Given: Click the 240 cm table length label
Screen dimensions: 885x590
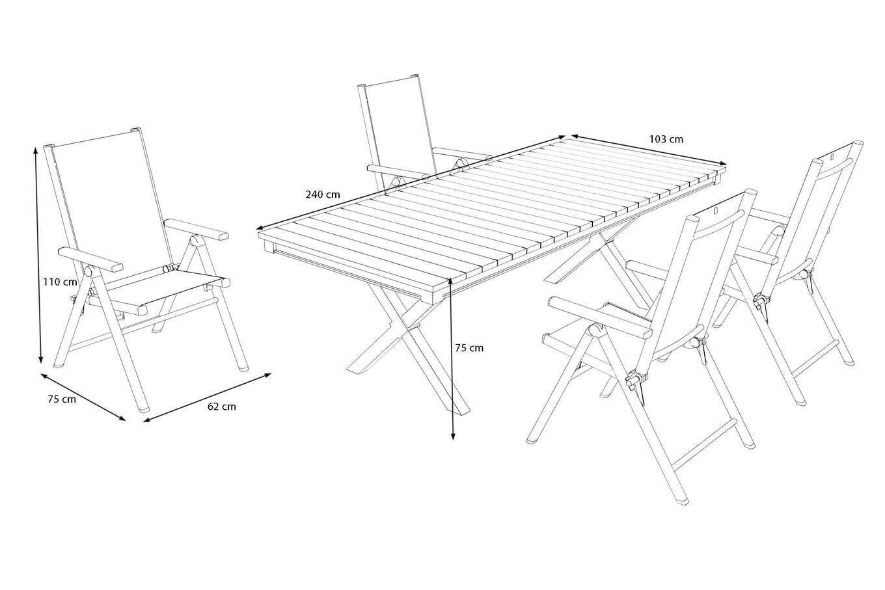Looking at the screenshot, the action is [x=323, y=194].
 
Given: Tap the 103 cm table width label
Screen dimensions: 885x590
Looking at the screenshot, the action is [x=666, y=139].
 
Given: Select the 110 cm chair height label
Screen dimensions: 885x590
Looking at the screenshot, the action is [x=60, y=282].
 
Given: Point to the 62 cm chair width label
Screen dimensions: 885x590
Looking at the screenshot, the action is [x=222, y=407].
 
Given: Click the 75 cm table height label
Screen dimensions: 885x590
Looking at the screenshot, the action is [x=469, y=348].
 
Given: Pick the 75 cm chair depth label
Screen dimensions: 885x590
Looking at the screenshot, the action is [x=62, y=399].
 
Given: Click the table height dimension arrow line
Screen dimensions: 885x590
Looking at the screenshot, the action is [x=452, y=358].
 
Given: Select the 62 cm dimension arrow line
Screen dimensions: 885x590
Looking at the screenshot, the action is [x=207, y=397].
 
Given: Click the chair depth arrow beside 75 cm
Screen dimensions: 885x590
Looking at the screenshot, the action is [x=83, y=397].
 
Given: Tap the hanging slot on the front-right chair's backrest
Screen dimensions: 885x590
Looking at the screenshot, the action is [x=715, y=211].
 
